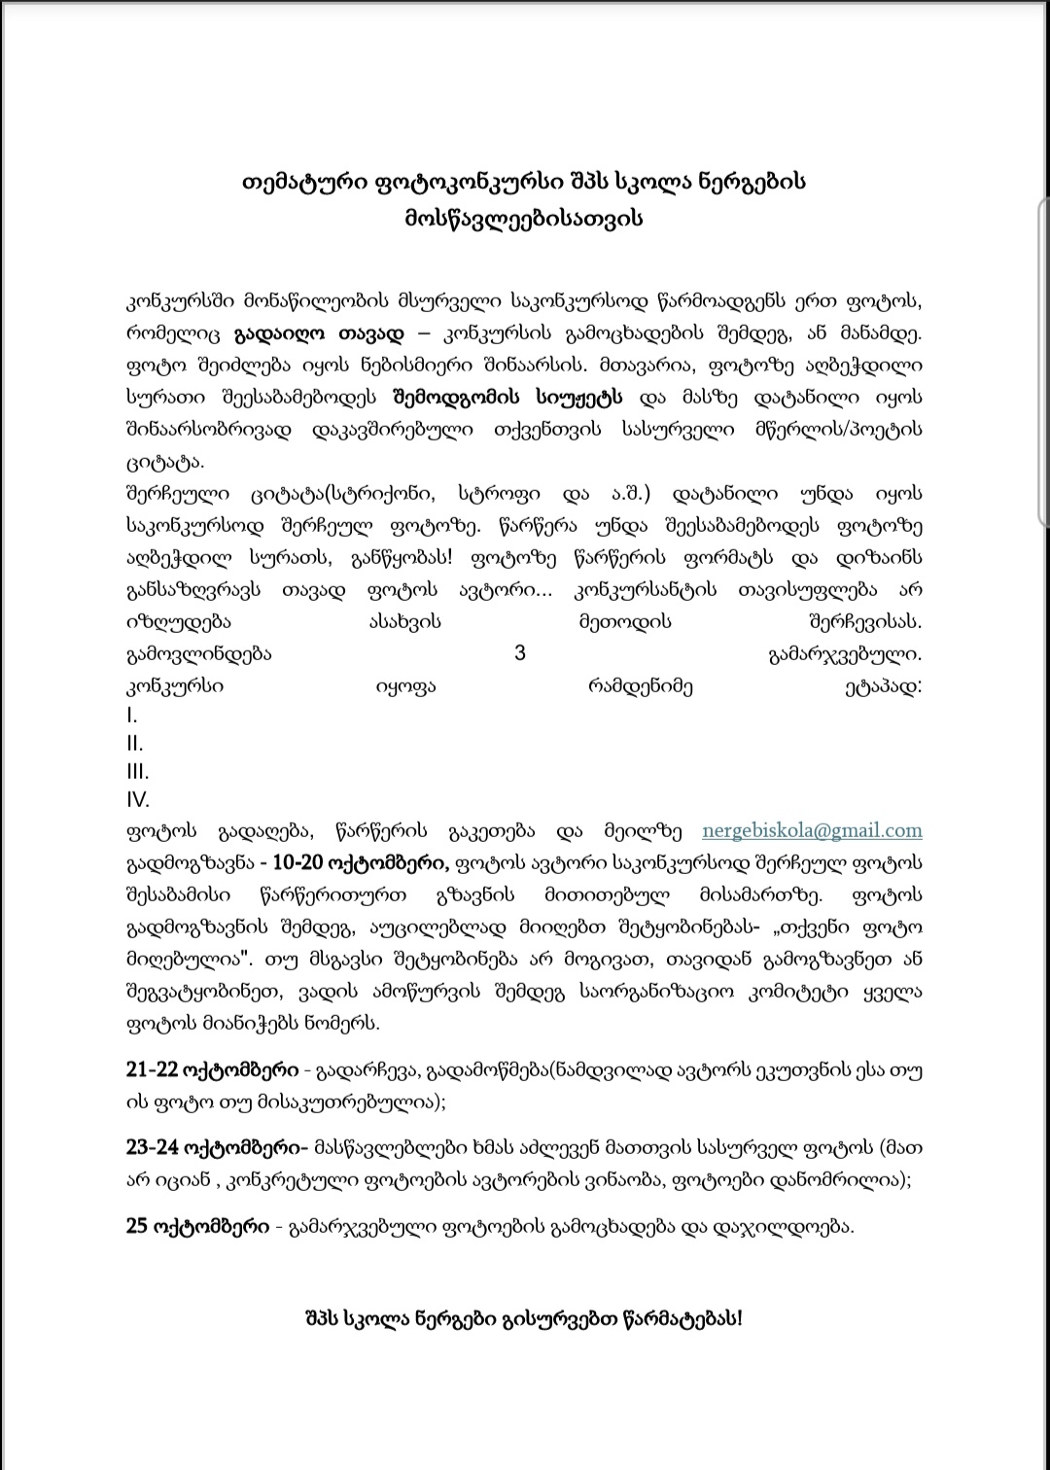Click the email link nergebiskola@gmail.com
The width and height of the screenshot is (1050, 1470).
[x=812, y=831]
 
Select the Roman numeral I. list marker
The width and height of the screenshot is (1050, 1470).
[x=131, y=716]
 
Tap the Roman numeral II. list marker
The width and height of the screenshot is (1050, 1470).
[x=134, y=744]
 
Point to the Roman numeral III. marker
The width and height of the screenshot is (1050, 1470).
[x=137, y=772]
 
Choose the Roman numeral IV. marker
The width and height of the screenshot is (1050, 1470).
[x=137, y=800]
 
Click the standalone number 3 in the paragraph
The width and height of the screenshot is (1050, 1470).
[x=520, y=652]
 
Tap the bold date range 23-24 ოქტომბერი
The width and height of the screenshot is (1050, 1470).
[x=216, y=1147]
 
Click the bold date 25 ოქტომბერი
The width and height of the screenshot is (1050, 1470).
[x=197, y=1226]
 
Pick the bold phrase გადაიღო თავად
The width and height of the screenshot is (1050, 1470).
[x=318, y=334]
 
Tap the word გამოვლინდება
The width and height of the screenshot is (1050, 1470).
[x=198, y=653]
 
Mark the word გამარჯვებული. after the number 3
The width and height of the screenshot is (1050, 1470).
[x=844, y=653]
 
